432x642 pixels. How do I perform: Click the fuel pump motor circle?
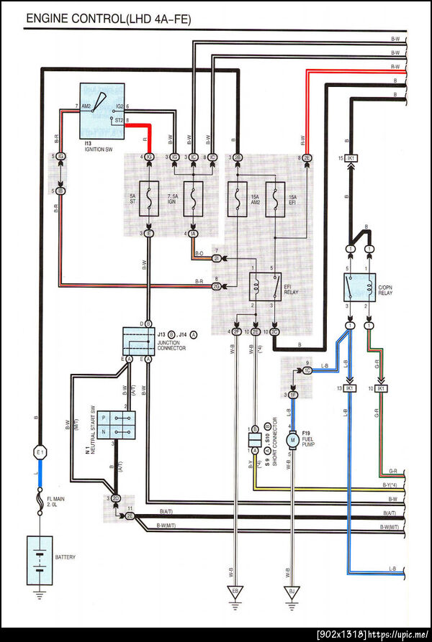point(292,439)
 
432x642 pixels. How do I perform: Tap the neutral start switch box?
point(115,423)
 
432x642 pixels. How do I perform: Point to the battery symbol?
point(40,556)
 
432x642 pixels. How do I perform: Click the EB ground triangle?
point(235,591)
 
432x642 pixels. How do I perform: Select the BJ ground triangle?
point(292,591)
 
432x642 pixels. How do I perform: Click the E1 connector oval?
point(40,452)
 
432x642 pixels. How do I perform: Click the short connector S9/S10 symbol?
point(255,438)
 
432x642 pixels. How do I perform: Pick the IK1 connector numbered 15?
point(351,158)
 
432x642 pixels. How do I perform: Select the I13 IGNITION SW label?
point(96,147)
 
